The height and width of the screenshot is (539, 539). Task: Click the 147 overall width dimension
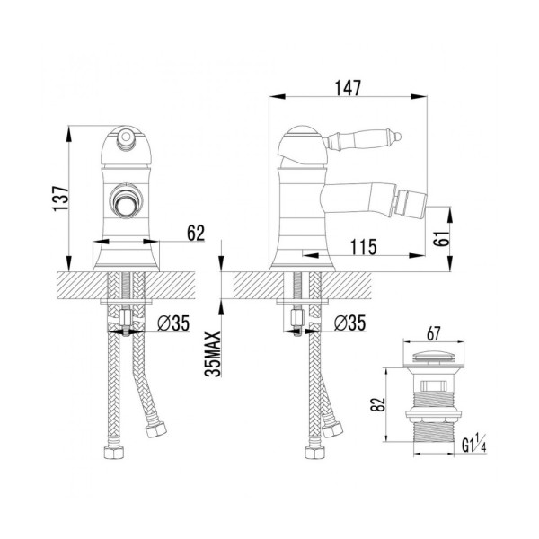click(x=348, y=88)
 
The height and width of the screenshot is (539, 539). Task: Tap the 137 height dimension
click(x=60, y=199)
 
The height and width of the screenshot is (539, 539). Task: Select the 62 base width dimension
click(x=196, y=233)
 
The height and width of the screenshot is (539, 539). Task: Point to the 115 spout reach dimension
click(x=364, y=247)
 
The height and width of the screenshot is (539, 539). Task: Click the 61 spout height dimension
click(x=441, y=238)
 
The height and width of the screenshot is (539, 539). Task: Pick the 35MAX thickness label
click(x=213, y=354)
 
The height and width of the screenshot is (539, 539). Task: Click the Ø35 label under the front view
click(x=173, y=323)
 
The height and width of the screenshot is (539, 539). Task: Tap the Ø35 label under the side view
click(x=350, y=323)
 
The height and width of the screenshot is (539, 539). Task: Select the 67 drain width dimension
click(x=434, y=333)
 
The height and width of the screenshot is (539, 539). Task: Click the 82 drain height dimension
click(x=377, y=404)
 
